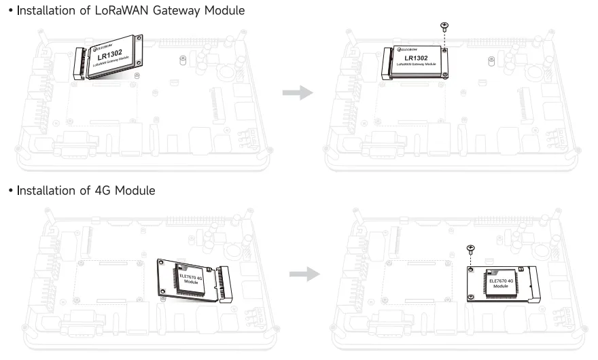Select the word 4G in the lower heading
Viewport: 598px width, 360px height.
tap(100, 191)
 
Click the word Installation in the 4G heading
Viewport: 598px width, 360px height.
tap(46, 191)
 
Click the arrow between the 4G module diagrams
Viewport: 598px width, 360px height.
tap(303, 274)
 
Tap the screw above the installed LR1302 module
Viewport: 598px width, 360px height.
tap(444, 27)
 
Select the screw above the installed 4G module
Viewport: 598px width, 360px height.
tap(470, 249)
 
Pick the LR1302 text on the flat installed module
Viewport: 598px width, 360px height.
tap(416, 58)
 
